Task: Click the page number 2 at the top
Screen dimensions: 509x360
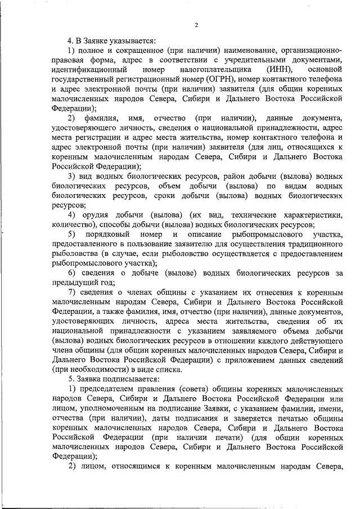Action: pos(196,25)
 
